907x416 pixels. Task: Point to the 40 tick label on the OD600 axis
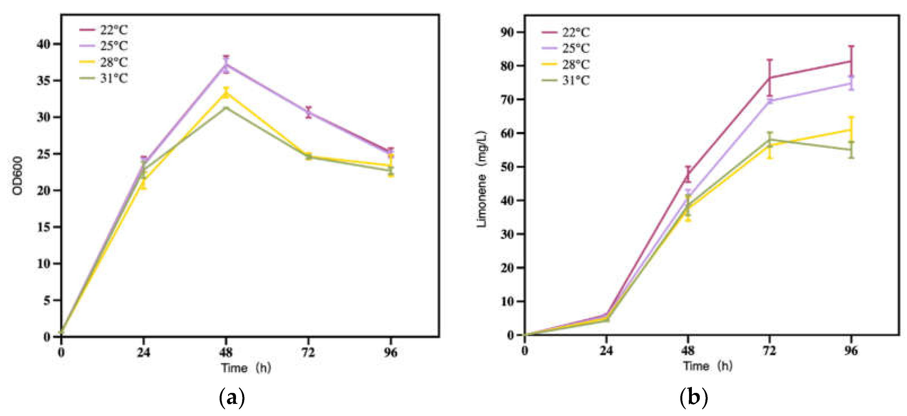tap(44, 44)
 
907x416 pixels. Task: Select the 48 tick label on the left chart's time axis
tap(226, 352)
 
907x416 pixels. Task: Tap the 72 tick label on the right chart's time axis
tap(769, 351)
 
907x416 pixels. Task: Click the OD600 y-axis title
tap(17, 176)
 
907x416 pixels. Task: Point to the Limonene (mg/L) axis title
tap(481, 179)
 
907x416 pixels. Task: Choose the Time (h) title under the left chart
tap(246, 368)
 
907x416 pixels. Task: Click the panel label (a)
tap(232, 398)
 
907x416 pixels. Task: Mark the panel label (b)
tap(693, 398)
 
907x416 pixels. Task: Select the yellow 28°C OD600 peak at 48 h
tap(226, 93)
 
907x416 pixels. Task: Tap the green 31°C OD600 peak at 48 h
tap(226, 107)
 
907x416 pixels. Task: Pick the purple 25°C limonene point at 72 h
tap(770, 101)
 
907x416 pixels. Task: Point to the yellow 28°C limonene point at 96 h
tap(851, 130)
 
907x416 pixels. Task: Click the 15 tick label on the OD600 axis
tap(44, 227)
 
